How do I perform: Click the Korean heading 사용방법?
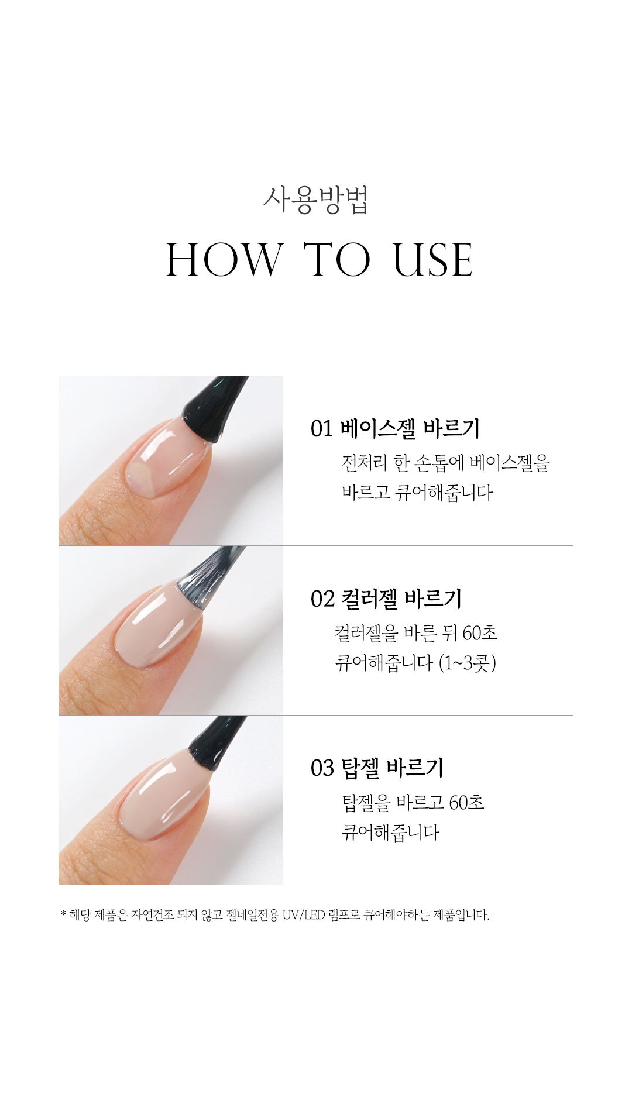tap(315, 201)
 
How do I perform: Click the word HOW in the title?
tap(224, 260)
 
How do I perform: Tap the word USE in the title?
tap(432, 260)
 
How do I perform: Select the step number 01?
tap(321, 429)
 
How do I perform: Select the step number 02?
tap(322, 599)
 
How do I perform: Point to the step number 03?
tap(322, 768)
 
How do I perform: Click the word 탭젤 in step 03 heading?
tap(360, 768)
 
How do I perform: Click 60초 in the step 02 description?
tap(480, 632)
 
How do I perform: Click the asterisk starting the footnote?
tap(63, 914)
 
